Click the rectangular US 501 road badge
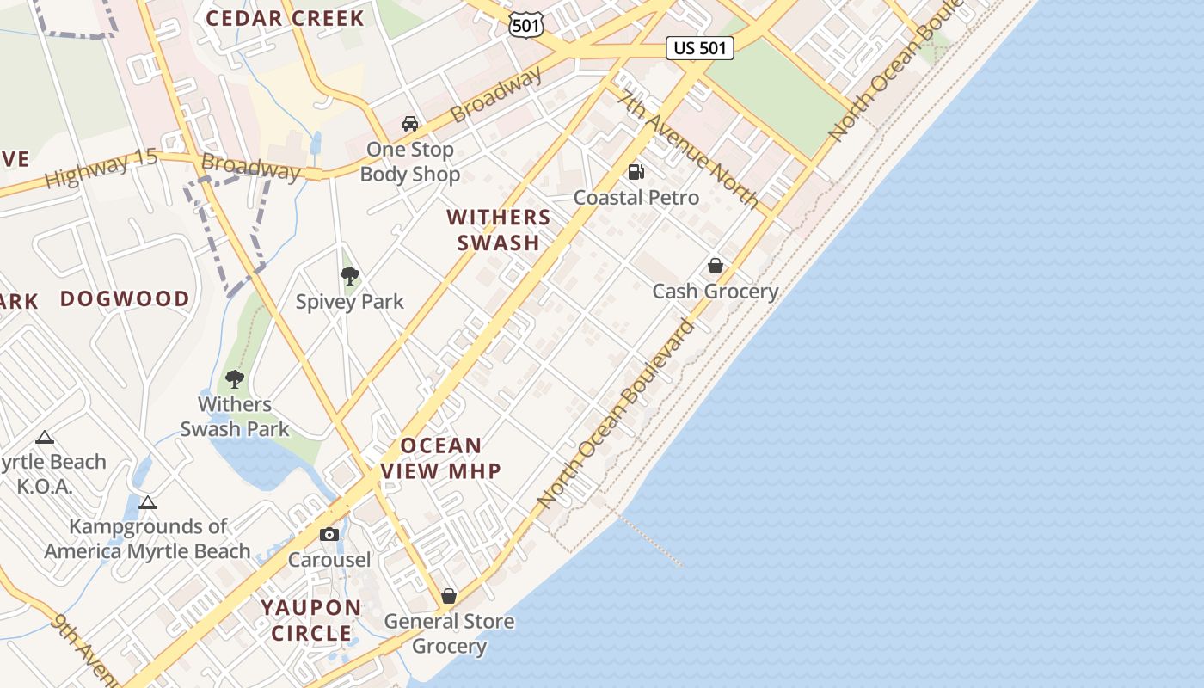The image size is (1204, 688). point(700,48)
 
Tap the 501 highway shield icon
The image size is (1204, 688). point(525,25)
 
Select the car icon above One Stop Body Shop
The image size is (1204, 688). point(410,124)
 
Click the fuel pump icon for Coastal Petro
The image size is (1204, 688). point(636,172)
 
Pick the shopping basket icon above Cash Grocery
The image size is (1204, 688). point(715,266)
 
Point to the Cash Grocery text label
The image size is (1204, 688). point(715,292)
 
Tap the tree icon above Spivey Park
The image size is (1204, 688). point(349,276)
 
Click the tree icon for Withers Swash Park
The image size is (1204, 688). point(234,378)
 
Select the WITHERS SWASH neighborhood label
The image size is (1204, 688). point(499,230)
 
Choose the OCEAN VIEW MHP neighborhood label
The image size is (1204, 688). point(441,458)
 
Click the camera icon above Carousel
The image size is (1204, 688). point(329,535)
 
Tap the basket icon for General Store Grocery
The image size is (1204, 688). point(448,596)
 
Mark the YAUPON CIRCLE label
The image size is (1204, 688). point(311,620)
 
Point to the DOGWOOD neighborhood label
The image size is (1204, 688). point(126,299)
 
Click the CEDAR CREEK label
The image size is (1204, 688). point(285,18)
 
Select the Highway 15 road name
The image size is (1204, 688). point(101,169)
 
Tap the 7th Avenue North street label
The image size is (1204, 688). point(688,149)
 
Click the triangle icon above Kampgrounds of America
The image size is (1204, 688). point(148,502)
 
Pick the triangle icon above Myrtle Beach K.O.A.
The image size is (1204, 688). point(45,438)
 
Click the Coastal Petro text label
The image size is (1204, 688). point(636,198)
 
